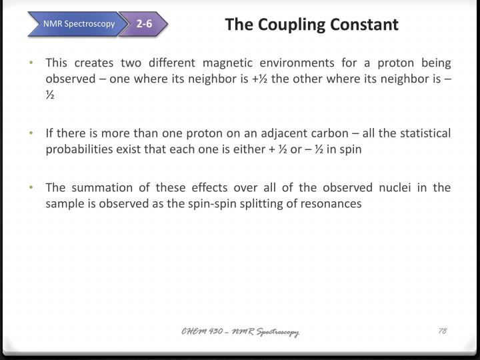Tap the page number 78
[442, 332]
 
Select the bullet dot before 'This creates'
[33, 63]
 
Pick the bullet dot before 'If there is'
[33, 133]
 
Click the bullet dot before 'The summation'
[33, 188]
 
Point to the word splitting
[257, 204]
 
